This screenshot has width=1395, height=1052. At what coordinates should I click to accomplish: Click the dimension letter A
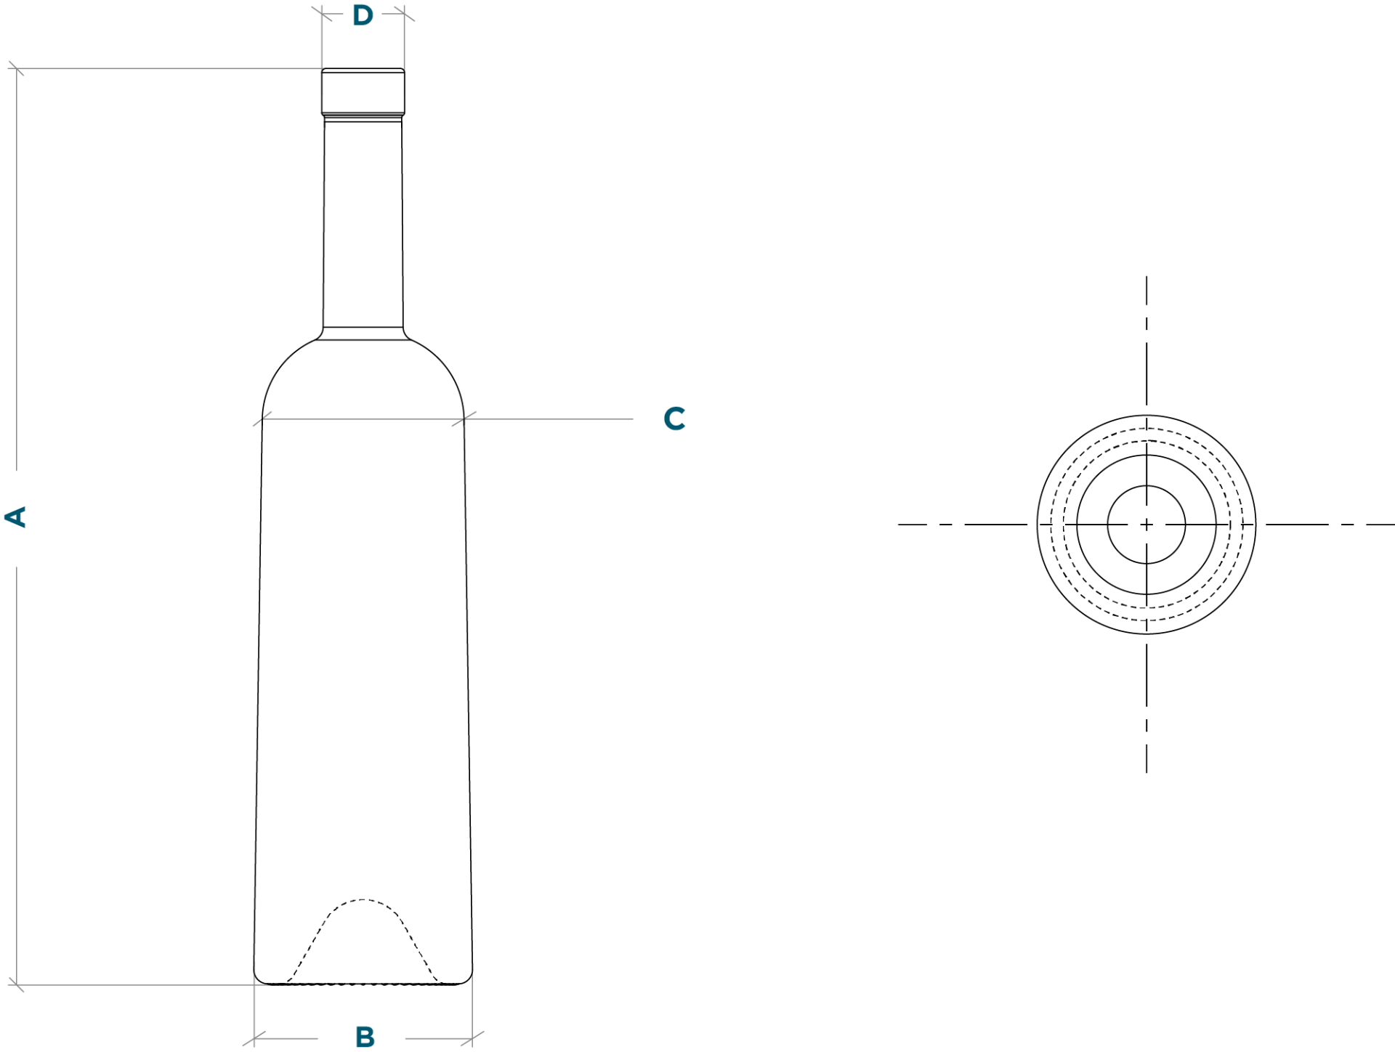click(15, 517)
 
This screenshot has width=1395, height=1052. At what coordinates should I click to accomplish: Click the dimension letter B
click(365, 1037)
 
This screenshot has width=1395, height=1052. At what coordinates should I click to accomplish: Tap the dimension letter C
click(674, 418)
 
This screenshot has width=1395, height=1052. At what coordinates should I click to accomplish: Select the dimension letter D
click(363, 15)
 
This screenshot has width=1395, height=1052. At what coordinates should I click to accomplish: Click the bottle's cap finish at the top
click(363, 91)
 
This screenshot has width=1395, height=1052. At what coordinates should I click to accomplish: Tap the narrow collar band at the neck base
click(363, 333)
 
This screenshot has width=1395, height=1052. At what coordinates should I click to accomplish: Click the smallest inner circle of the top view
click(1147, 485)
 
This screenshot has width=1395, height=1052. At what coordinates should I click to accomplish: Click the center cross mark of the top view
click(1147, 525)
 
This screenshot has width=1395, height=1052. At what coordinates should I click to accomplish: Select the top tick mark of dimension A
click(17, 69)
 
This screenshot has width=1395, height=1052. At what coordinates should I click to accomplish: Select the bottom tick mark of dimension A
click(17, 984)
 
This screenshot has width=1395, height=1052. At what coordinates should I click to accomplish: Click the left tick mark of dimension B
click(254, 1038)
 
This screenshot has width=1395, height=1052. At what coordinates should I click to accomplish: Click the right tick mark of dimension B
click(472, 1038)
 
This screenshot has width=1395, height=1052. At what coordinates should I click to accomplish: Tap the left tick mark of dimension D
click(322, 13)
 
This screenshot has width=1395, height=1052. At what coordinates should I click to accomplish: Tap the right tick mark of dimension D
click(405, 13)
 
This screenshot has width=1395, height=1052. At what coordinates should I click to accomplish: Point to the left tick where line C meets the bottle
click(262, 418)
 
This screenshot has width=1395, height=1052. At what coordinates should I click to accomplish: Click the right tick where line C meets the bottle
click(464, 418)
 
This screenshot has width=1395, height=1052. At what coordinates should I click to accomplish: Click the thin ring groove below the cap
click(363, 118)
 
